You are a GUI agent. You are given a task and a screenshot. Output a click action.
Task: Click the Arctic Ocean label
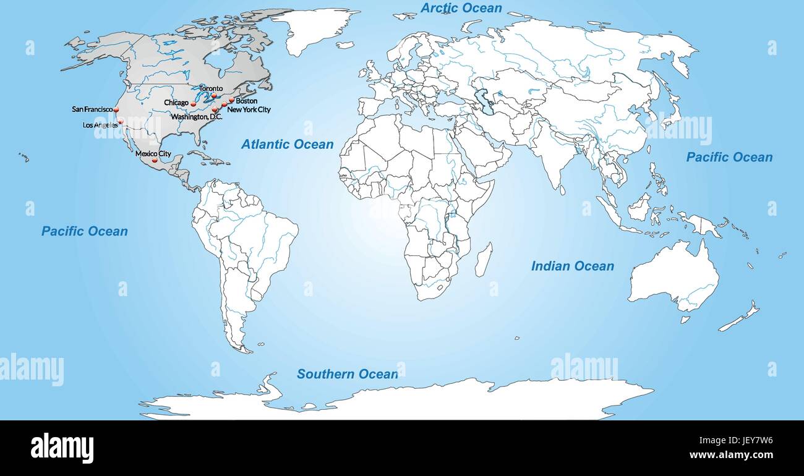[x=461, y=8]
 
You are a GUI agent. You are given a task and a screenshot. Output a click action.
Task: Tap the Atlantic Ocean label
[x=287, y=145]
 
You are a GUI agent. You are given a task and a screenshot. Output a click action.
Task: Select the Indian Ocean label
[x=572, y=266]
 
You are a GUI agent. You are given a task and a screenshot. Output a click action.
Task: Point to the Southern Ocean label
[x=347, y=374]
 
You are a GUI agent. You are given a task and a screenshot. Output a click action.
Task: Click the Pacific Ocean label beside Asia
[x=729, y=157]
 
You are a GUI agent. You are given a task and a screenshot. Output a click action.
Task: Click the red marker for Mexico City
[x=155, y=160]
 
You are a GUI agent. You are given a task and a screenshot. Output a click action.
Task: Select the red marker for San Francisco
[x=116, y=109]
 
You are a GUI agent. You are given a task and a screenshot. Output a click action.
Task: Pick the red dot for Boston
[x=231, y=99]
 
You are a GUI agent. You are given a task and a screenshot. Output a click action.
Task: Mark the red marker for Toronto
[x=214, y=96]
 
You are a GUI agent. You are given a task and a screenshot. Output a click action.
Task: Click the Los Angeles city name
[x=100, y=125]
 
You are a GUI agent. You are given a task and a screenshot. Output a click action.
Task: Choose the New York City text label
[x=249, y=109]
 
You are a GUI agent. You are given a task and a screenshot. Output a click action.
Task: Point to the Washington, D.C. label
[x=196, y=117]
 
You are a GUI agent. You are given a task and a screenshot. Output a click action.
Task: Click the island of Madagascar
[x=483, y=259]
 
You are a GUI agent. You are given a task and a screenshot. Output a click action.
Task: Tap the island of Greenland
[x=315, y=28]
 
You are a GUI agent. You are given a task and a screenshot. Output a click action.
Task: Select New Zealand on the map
[x=739, y=318]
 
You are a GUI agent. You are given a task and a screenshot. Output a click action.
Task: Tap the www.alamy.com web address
[x=730, y=455]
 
